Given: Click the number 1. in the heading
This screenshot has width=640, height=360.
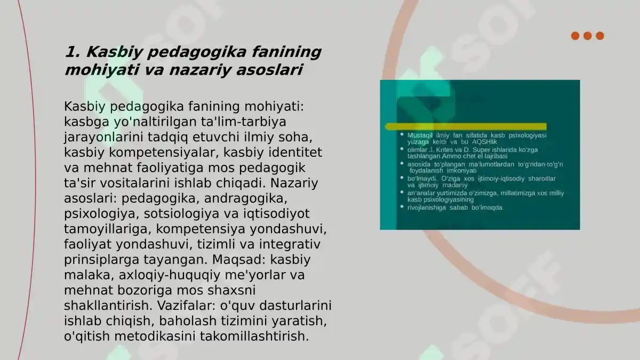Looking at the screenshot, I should click(x=73, y=52).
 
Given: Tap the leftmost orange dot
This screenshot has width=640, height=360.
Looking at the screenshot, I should click(x=575, y=36).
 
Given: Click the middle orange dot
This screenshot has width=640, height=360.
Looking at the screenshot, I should click(x=587, y=36).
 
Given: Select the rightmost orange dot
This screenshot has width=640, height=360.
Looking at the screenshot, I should click(x=600, y=36).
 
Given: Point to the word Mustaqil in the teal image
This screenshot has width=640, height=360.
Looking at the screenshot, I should click(x=420, y=135).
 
